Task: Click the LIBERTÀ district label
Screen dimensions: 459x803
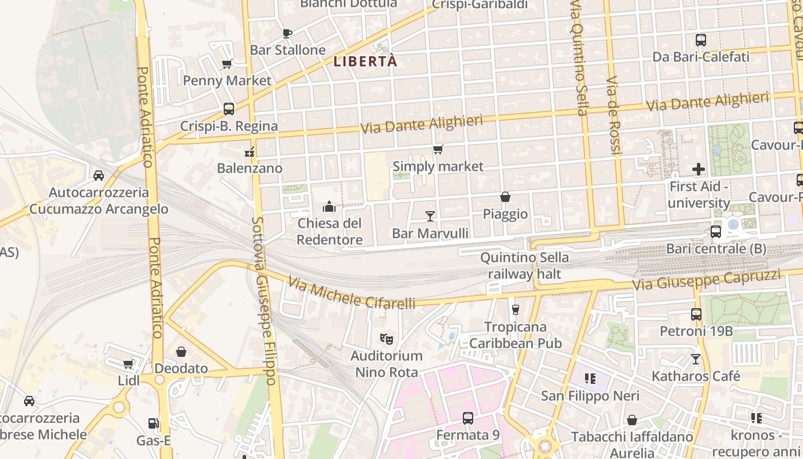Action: [365, 61]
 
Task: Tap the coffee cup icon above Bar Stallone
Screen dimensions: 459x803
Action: [287, 33]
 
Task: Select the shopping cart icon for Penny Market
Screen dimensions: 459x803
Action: [227, 64]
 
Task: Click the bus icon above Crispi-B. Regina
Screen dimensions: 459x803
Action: [228, 109]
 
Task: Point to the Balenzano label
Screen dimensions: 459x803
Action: [250, 168]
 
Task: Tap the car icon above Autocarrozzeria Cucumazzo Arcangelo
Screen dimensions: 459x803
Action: [99, 175]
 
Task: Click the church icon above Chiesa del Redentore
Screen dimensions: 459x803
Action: [329, 206]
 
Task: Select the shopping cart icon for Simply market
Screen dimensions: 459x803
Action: [438, 150]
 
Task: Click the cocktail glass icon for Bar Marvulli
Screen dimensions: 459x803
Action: [430, 216]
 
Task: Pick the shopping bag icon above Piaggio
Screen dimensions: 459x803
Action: [505, 197]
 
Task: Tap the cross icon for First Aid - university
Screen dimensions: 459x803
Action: [698, 169]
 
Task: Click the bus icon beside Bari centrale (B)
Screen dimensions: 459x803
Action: [715, 232]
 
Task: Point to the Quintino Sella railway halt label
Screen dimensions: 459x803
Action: [524, 266]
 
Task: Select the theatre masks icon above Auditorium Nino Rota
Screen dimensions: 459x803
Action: [386, 339]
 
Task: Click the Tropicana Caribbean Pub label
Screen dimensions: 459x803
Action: [515, 335]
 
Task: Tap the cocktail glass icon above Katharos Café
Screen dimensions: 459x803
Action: [695, 359]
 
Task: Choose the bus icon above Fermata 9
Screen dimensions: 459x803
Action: [467, 418]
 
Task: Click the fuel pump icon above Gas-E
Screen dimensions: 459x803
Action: [153, 423]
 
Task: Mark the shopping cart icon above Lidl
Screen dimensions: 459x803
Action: [128, 364]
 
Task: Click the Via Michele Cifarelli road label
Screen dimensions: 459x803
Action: [351, 293]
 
